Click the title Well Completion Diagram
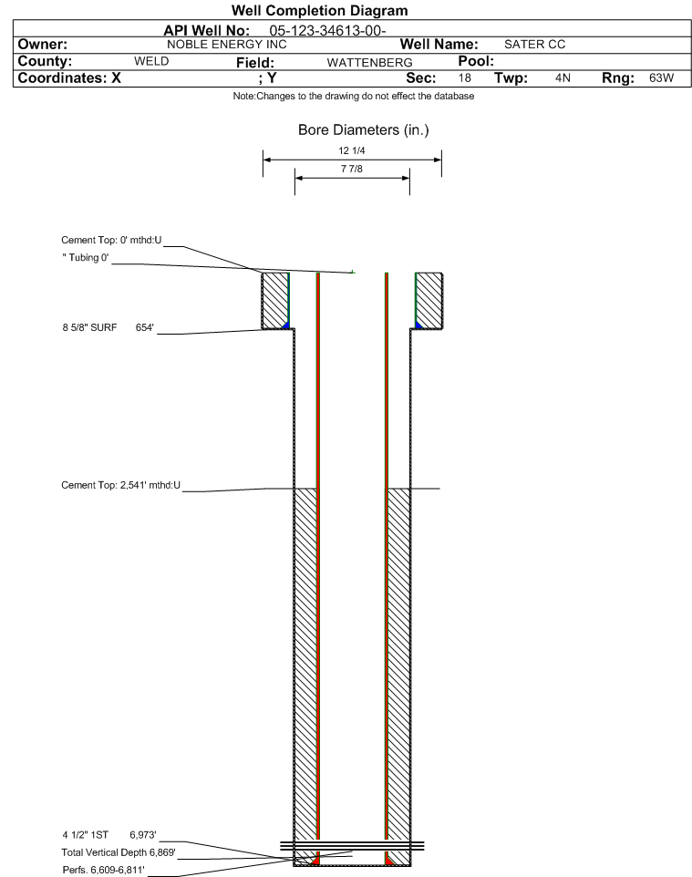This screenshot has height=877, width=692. pos(319,11)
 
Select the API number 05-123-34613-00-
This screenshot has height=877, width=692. pos(328,31)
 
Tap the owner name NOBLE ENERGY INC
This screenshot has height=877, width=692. pos(227,45)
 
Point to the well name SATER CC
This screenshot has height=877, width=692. pos(535,45)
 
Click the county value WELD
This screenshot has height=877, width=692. pos(151,61)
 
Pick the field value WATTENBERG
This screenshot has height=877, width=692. pos(370,63)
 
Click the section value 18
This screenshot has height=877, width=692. pos(465,78)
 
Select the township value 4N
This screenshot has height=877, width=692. pos(563,78)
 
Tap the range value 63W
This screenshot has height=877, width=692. pos(661,78)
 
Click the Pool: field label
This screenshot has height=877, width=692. pos(476,61)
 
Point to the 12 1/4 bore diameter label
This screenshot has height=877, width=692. pos(352,150)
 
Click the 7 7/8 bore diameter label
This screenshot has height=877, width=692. pos(352,169)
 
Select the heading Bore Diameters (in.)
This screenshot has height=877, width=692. pos(364,130)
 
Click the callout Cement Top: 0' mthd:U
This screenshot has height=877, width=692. pos(111,241)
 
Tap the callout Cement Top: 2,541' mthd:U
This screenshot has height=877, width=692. pos(121,486)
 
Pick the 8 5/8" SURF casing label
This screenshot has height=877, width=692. pos(89,328)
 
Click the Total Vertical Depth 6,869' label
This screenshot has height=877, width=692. pos(119,853)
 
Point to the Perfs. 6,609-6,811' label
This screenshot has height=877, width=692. pos(104,871)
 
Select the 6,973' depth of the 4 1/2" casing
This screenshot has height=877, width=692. pos(142,835)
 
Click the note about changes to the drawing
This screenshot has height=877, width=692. pos(354,97)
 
